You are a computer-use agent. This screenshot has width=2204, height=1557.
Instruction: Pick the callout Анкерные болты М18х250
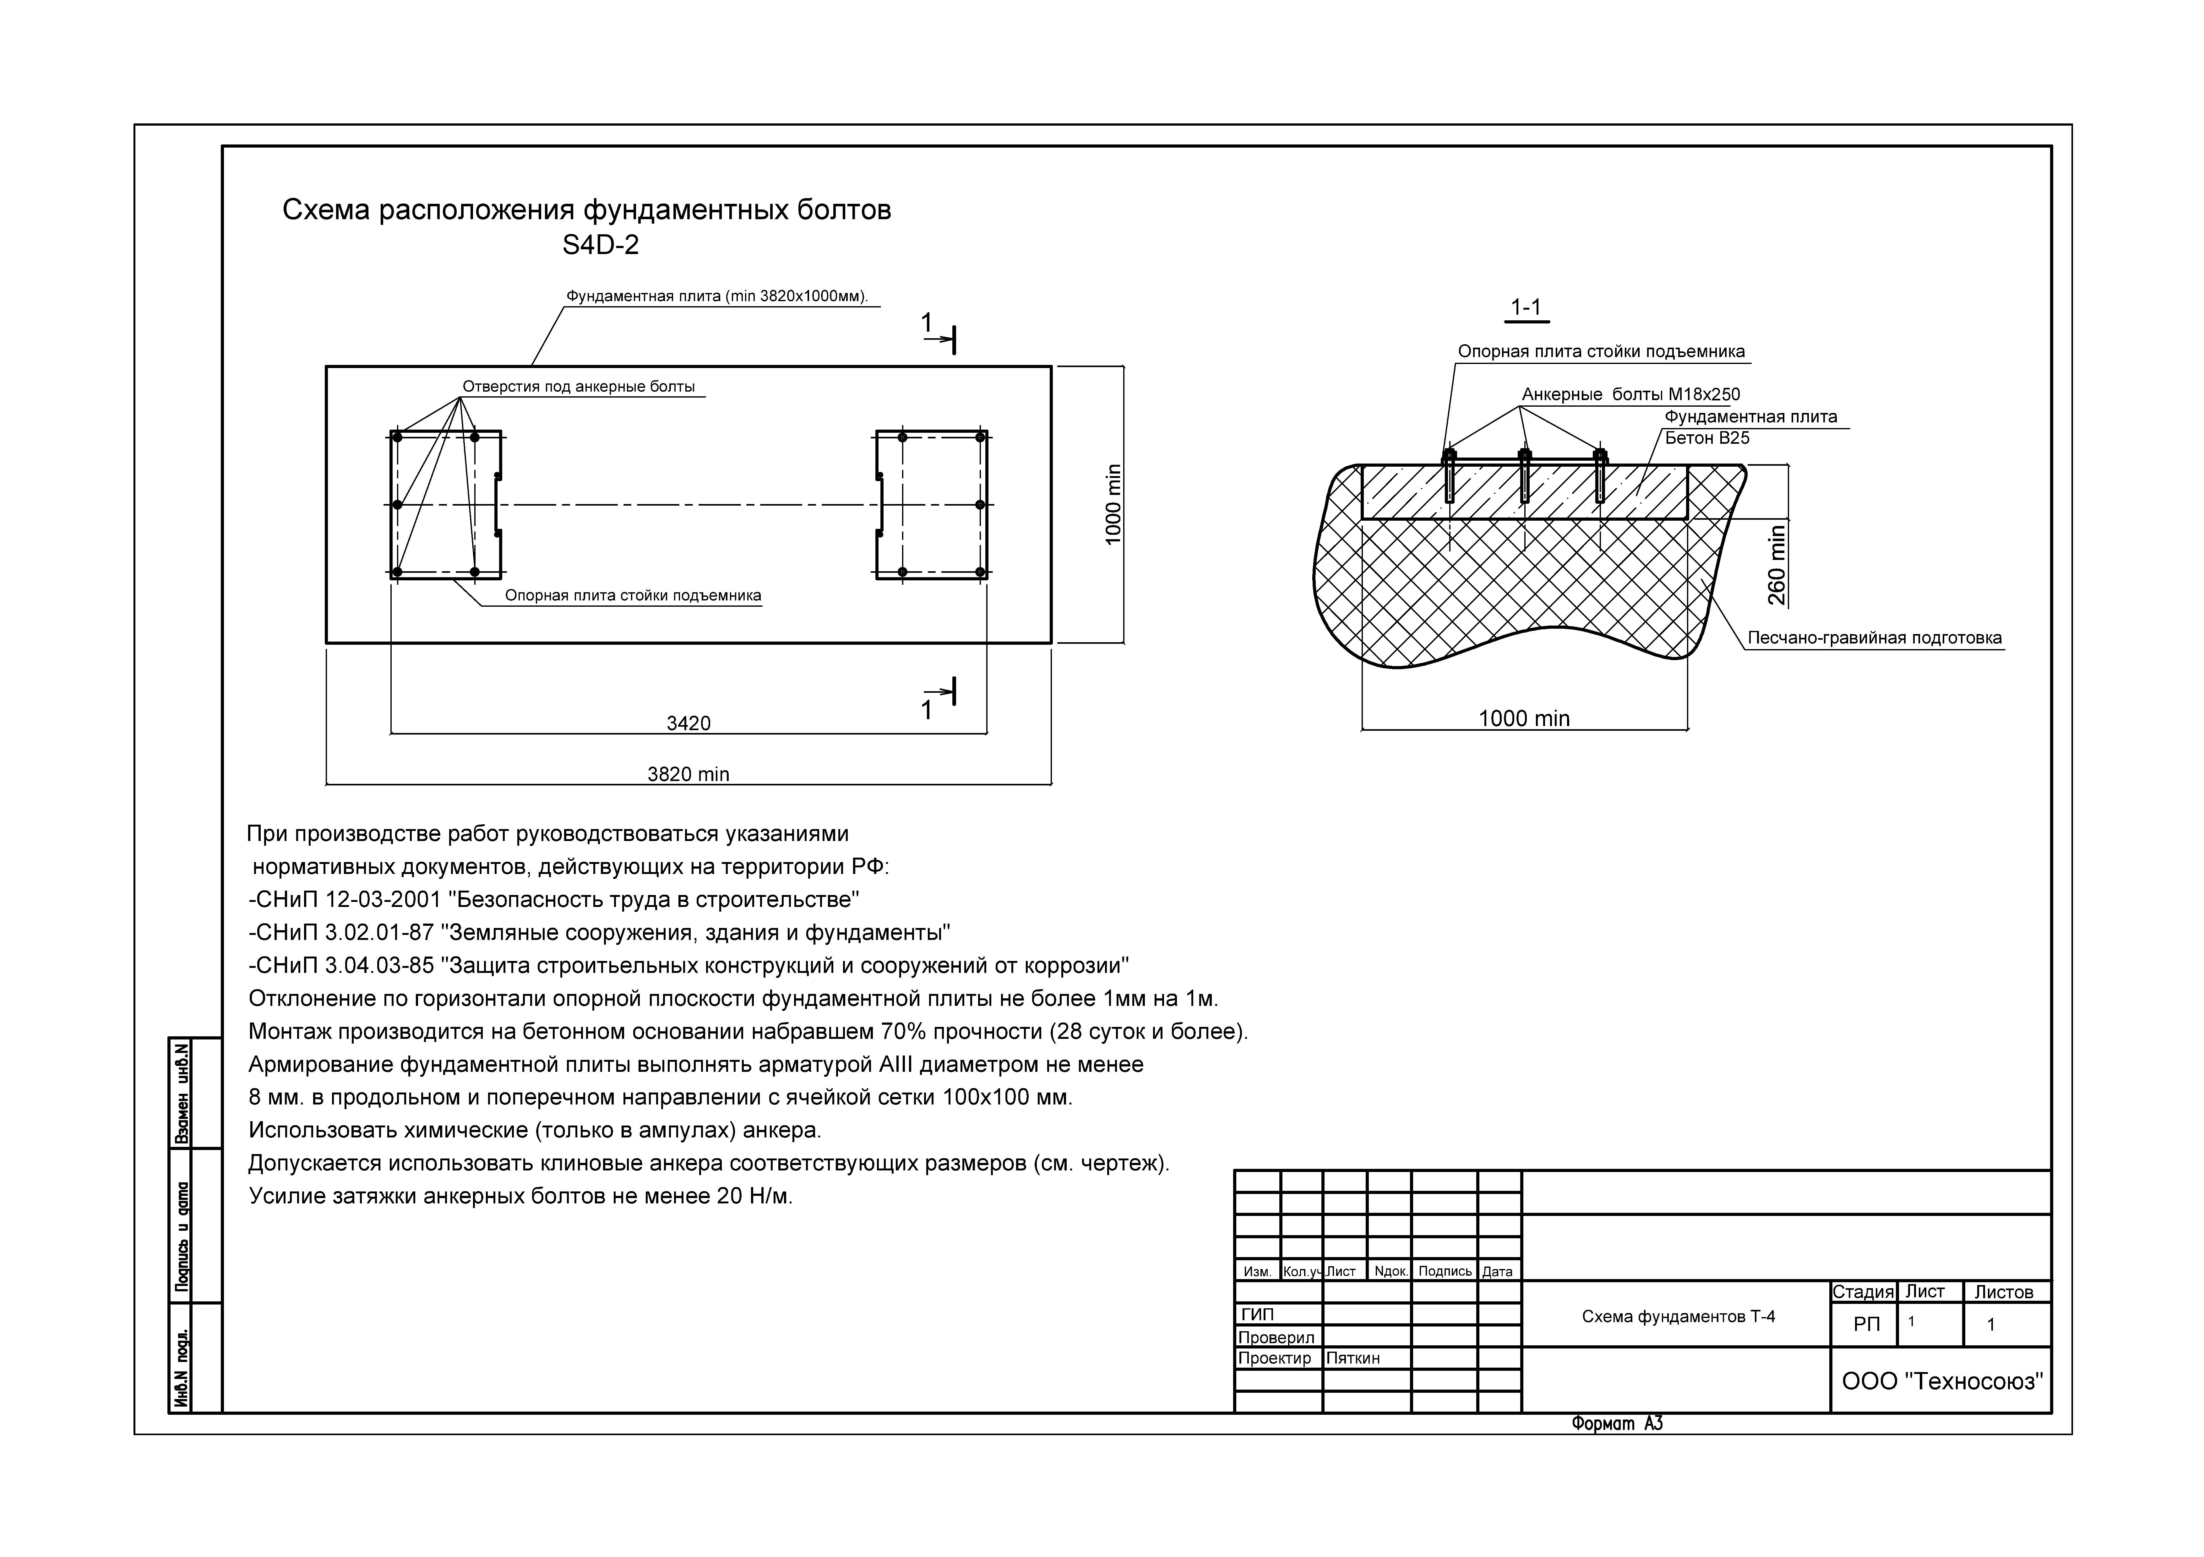[x=1630, y=394]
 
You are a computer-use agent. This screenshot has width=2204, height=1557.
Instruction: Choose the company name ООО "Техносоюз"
[x=1942, y=1381]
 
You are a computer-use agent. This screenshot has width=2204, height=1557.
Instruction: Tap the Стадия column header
[x=1862, y=1292]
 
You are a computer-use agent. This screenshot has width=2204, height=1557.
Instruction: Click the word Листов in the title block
[x=2003, y=1292]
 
